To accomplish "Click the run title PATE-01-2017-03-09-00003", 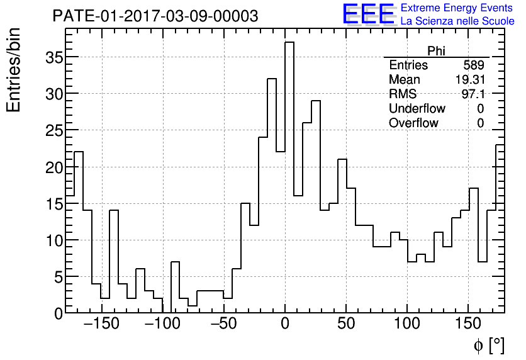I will point(155,16).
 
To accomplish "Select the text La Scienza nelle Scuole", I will point(457,21).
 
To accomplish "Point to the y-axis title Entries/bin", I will point(14,70).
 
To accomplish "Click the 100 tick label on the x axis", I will point(407,324).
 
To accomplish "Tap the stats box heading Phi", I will point(436,51).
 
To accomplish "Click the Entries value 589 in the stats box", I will point(473,65).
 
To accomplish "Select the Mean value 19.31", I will point(469,80).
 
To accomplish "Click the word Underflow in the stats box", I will point(417,109).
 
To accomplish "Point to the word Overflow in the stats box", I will point(413,123).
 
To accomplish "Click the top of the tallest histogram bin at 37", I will point(289,42).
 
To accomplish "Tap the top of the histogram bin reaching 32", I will point(272,79).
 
